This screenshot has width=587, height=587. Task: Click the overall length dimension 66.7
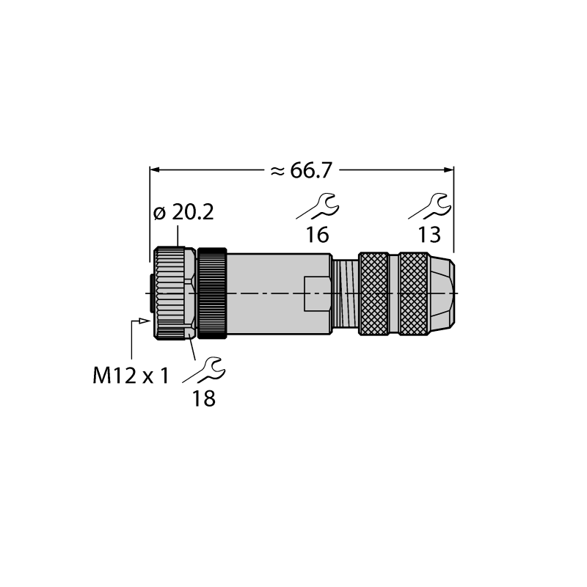tap(311, 171)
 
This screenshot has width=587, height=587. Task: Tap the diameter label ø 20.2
tap(183, 213)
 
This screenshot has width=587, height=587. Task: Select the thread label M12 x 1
tap(131, 376)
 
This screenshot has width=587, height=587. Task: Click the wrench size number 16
tap(318, 235)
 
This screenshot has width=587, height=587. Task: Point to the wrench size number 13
tap(429, 235)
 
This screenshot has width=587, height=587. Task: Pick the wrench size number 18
tap(204, 398)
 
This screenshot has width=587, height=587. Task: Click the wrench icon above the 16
tap(318, 206)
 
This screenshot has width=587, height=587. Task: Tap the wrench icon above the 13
tap(430, 206)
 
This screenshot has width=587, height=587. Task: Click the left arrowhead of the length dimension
tap(155, 170)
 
